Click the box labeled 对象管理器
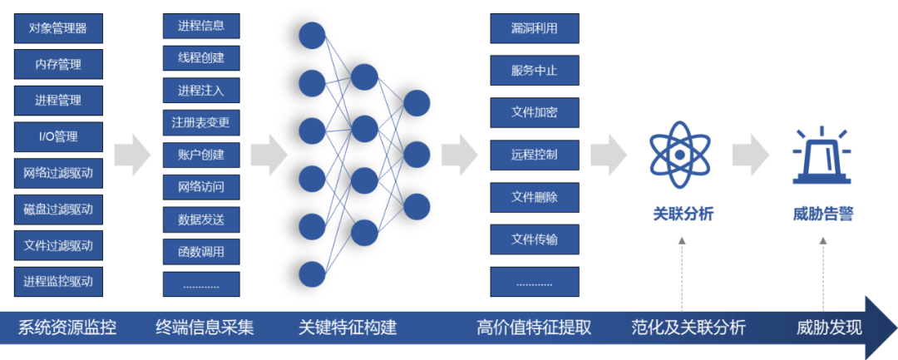[x=58, y=28]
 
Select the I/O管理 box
[x=58, y=136]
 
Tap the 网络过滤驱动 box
[x=58, y=173]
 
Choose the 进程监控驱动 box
[x=58, y=281]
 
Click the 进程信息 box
[x=200, y=26]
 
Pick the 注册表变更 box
[x=200, y=123]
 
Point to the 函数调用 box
[x=200, y=252]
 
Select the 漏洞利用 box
[x=534, y=28]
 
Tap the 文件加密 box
[x=534, y=111]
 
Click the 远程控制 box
[x=534, y=155]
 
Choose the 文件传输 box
[x=534, y=239]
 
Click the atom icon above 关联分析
[x=680, y=155]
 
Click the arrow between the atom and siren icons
[x=751, y=155]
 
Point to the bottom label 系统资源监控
[x=67, y=328]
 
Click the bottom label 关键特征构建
[x=348, y=328]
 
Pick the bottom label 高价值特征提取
[x=534, y=328]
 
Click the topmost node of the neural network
[x=312, y=35]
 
